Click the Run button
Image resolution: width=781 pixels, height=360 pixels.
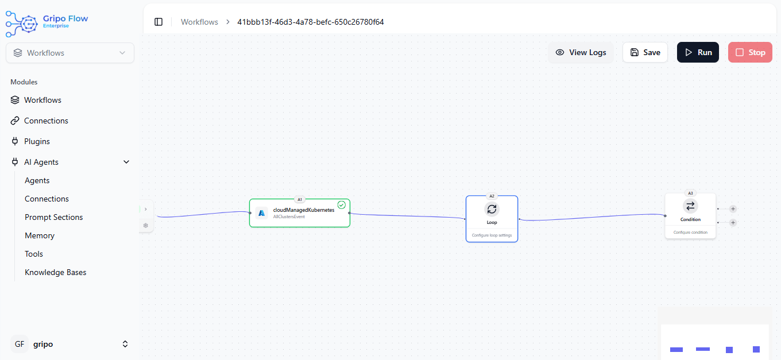click(x=698, y=52)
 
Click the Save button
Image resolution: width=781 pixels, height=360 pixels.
click(x=645, y=52)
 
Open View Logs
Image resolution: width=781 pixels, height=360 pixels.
click(x=581, y=52)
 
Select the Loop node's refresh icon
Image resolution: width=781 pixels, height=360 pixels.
click(x=492, y=209)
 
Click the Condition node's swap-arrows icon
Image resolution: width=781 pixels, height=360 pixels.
click(x=690, y=206)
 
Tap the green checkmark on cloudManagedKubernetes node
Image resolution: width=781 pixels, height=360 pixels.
click(x=342, y=205)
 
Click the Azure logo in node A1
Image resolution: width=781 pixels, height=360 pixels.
click(x=261, y=213)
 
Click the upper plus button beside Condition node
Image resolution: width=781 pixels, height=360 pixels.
click(x=733, y=209)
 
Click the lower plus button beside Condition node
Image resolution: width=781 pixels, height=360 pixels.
click(x=733, y=222)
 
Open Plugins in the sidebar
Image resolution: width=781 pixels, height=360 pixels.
click(x=37, y=141)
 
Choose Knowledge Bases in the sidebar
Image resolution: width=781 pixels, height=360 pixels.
click(x=56, y=272)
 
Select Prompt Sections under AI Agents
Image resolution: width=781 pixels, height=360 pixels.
click(x=54, y=217)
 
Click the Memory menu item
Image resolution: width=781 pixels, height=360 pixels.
click(x=40, y=235)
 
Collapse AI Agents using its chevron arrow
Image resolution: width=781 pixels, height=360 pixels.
click(x=126, y=162)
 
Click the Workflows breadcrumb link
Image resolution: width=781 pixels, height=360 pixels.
click(x=199, y=22)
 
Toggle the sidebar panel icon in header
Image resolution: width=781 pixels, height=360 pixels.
click(x=158, y=22)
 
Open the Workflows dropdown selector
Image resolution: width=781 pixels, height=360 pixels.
click(x=69, y=53)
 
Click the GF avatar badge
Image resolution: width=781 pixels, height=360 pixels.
click(x=20, y=344)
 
